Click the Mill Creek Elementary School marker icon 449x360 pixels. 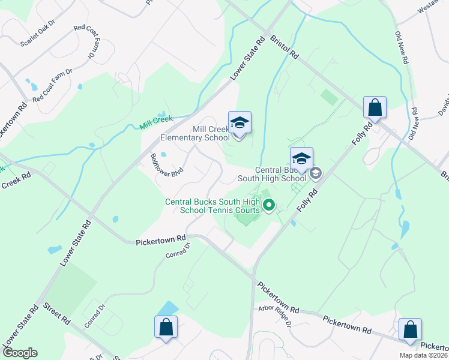pos(240,124)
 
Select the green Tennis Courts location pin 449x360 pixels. pos(269,206)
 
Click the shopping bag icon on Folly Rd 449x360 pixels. pos(375,109)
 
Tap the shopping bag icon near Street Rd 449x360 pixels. pos(166,328)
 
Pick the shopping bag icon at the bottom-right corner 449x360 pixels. pos(411,330)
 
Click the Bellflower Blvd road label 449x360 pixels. pos(167,164)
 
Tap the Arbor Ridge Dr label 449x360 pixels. pos(275,316)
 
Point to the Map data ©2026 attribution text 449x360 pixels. pos(423,355)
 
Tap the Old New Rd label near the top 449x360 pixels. pos(402,48)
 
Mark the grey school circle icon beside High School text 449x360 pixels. pos(316,174)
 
